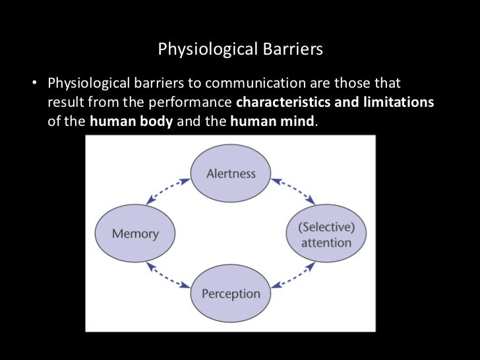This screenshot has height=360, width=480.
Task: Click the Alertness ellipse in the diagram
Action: pos(230,173)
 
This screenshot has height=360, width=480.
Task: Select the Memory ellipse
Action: pos(135,233)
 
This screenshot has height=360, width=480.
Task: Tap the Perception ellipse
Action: pos(230,293)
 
